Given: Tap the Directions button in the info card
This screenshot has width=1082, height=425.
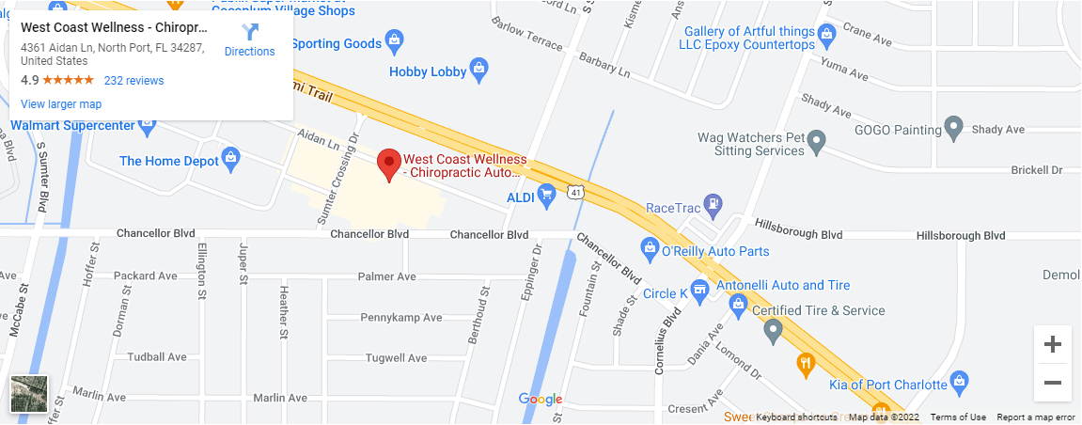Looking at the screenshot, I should point(249,39).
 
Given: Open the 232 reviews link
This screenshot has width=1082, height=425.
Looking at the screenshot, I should point(133,81).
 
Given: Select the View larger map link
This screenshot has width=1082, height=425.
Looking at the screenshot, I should point(61,104).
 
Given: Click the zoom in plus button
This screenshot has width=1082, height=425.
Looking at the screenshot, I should point(1053,344).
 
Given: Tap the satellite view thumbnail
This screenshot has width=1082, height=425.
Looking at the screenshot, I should point(28,393).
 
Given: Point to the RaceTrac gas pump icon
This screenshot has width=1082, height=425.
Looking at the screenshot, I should point(715,202).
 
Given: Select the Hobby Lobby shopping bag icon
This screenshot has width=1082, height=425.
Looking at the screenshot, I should point(478,68).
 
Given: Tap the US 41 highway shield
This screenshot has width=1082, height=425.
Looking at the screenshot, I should point(575,192).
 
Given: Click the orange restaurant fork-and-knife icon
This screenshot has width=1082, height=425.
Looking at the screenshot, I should point(805,363).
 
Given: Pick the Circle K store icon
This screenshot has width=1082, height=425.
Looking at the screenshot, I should point(699,290).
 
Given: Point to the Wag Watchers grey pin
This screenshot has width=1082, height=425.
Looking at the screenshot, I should point(817,143).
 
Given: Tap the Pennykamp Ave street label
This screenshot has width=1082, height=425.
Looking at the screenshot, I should point(401,318).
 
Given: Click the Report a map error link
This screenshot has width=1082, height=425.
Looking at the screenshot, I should point(1036,417).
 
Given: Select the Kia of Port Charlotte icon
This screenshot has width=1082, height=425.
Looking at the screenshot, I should point(959,381).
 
